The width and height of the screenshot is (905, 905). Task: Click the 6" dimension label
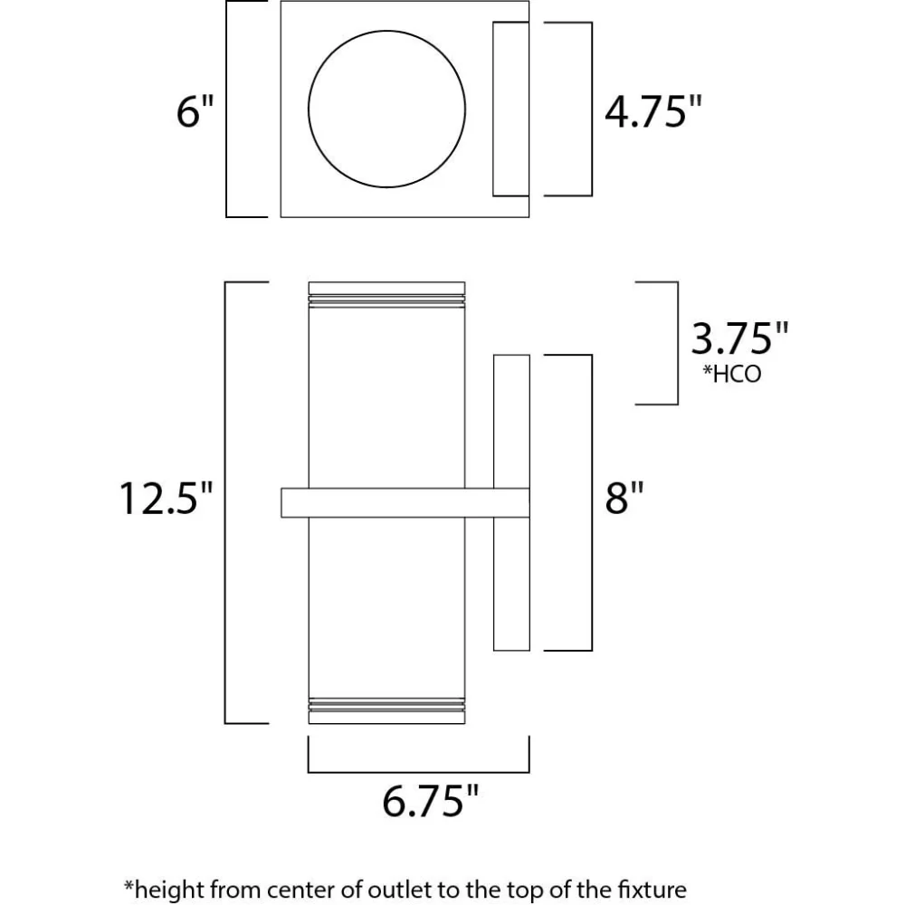195,110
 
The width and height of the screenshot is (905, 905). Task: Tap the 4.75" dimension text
653,110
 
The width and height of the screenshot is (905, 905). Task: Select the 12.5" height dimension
167,498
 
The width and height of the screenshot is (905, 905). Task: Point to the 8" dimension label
624,498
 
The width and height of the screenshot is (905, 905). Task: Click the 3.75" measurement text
739,338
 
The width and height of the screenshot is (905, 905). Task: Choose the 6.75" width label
431,801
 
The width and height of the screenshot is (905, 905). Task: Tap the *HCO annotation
732,374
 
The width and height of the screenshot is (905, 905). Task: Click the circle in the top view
386,31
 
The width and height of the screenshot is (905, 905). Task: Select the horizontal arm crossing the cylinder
405,502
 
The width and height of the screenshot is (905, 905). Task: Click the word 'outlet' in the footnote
392,890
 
